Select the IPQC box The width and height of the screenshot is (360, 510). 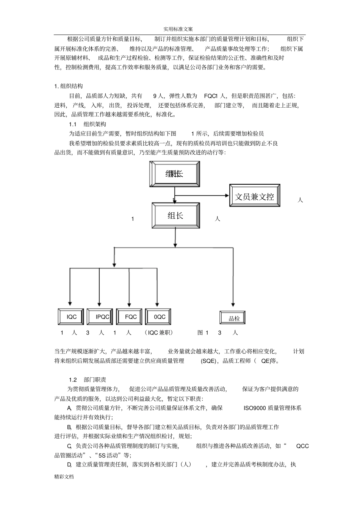click(x=100, y=317)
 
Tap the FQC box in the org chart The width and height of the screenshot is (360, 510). click(x=129, y=317)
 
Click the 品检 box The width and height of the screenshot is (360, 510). click(x=233, y=318)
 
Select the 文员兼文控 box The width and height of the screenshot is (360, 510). click(x=255, y=196)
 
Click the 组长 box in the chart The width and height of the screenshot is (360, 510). click(x=175, y=215)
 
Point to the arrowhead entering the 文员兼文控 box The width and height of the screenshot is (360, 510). click(x=227, y=196)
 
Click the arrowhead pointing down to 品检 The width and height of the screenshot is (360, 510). click(x=233, y=303)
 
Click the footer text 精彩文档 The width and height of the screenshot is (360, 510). click(x=64, y=477)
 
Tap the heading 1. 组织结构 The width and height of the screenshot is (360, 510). click(x=69, y=86)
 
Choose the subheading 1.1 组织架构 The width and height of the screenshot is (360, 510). click(x=88, y=124)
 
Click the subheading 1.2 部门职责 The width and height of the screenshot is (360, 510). click(x=88, y=380)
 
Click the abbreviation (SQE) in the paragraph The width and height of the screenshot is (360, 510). click(x=208, y=361)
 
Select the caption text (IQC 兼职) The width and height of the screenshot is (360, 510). click(x=159, y=333)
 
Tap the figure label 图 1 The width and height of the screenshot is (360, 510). click(x=203, y=333)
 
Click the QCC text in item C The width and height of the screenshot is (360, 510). click(x=302, y=446)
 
